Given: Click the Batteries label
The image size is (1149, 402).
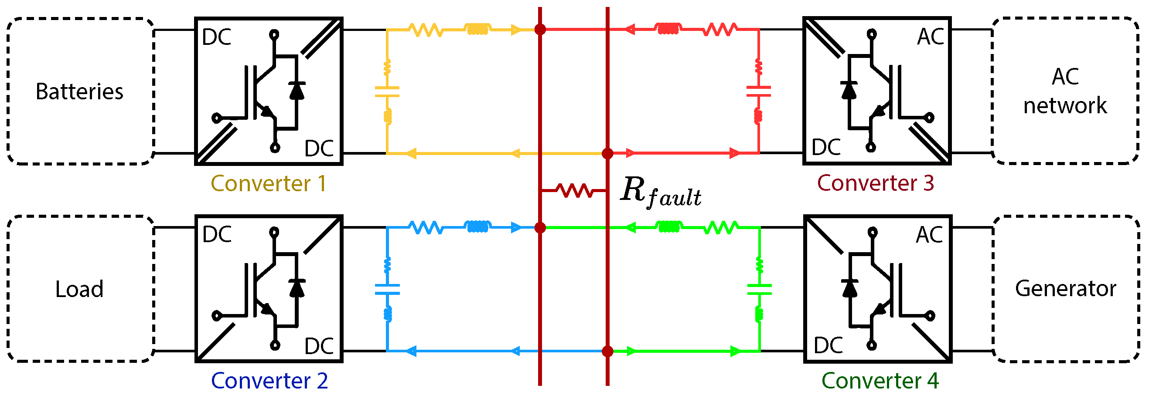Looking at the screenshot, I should click(x=79, y=92).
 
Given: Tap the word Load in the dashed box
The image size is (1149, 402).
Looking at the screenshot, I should click(x=79, y=290).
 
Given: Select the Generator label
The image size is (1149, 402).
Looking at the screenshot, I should click(x=1065, y=289).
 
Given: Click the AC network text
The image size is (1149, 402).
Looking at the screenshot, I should click(x=1065, y=91).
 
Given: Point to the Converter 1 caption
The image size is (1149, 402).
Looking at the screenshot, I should click(x=269, y=184).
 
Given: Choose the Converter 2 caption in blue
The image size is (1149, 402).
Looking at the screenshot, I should click(x=269, y=381).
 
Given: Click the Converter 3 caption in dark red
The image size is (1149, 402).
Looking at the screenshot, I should click(x=875, y=183).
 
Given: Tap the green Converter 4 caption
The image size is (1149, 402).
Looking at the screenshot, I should click(x=880, y=381).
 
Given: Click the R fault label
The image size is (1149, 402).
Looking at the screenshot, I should click(x=661, y=192).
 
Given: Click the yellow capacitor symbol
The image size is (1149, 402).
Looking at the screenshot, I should click(x=387, y=92).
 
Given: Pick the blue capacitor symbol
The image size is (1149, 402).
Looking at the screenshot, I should click(x=387, y=290).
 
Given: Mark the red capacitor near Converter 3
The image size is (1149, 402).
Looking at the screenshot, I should click(x=758, y=91).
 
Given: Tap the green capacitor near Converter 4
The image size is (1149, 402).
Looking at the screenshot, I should click(x=759, y=290).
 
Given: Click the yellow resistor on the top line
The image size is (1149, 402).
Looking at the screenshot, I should click(x=426, y=30).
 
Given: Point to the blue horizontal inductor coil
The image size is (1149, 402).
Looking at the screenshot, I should click(x=477, y=227).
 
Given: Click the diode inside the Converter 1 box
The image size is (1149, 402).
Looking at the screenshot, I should click(x=297, y=91).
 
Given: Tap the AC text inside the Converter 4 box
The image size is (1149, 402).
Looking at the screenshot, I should click(x=930, y=235).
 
